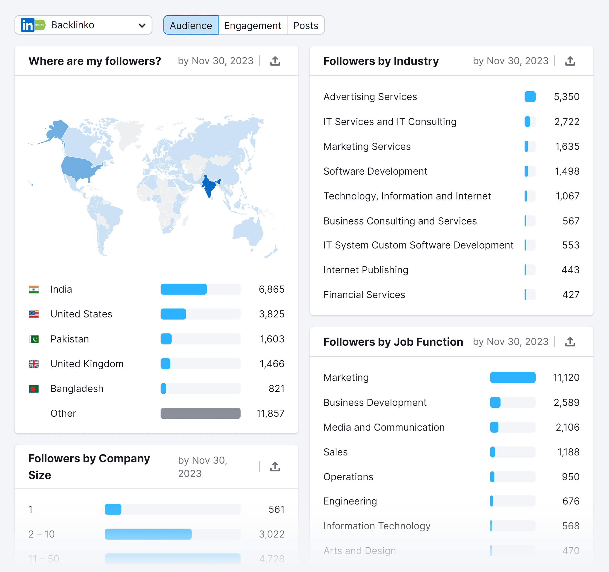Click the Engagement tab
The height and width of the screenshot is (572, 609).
252,25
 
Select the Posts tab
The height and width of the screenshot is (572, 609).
305,25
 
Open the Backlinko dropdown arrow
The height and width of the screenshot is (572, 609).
142,25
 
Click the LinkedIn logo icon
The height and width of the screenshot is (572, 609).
27,25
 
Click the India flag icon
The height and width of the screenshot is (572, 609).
34,289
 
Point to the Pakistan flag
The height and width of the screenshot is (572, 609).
34,339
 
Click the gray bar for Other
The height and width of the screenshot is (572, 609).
200,413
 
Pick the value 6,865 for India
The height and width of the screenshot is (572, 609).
271,289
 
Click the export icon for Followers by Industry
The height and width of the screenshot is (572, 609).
570,61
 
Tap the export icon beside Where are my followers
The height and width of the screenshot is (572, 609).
275,61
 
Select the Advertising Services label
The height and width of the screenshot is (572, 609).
370,97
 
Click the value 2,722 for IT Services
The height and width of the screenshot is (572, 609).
567,122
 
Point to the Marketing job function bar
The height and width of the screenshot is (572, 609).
513,377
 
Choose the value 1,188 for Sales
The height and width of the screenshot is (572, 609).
568,452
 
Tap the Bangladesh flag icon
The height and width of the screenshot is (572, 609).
34,389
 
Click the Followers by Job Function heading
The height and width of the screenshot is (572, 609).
393,342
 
